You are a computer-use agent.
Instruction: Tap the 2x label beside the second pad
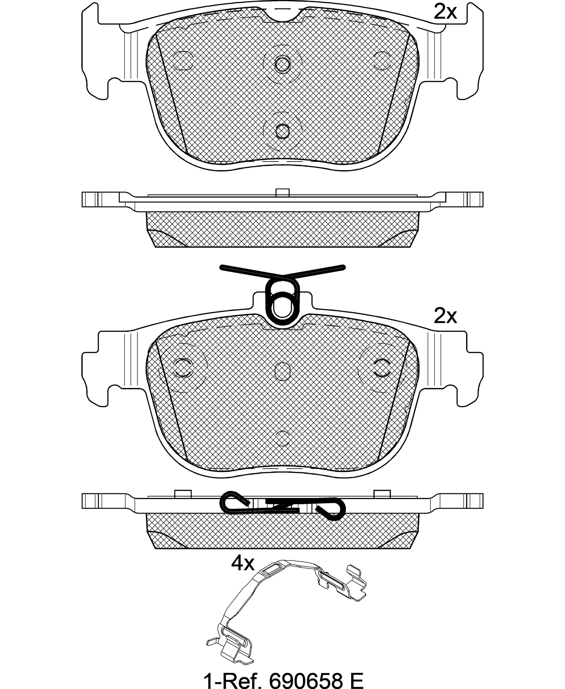click(446, 316)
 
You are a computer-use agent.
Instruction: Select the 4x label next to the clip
click(243, 563)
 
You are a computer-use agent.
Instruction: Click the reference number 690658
click(306, 678)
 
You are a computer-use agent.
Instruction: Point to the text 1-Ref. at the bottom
click(233, 678)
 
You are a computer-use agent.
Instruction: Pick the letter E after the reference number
click(357, 678)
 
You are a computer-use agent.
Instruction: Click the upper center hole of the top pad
click(282, 64)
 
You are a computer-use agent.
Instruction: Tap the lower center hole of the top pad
click(282, 131)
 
